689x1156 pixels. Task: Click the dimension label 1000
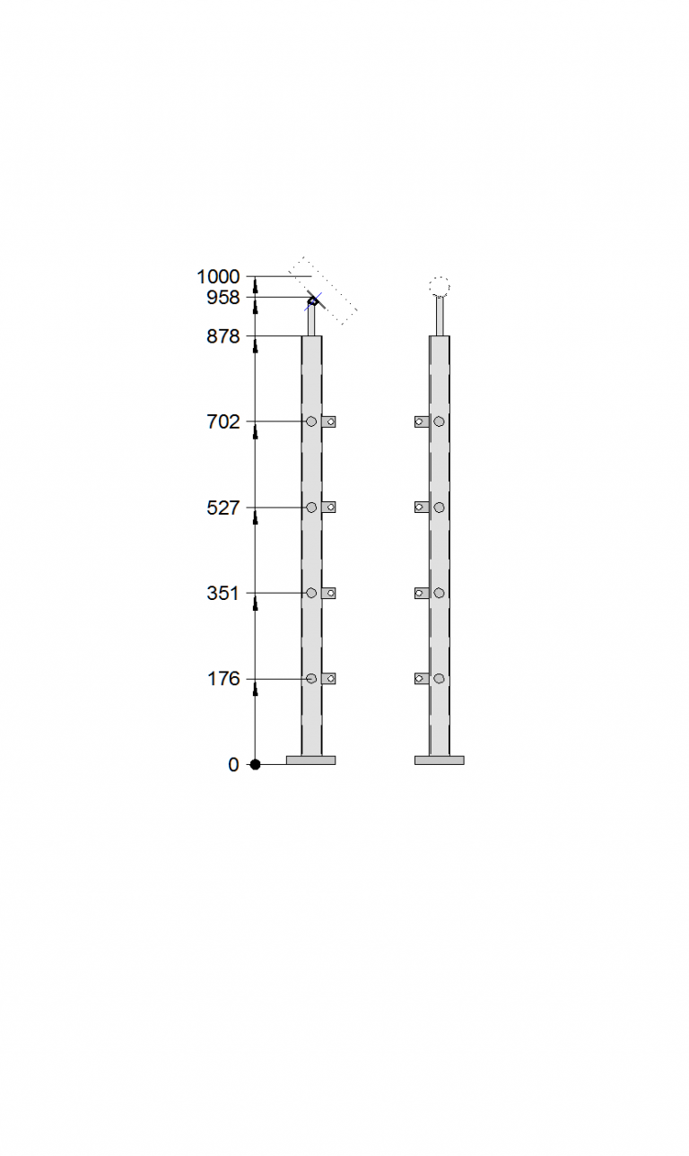point(218,276)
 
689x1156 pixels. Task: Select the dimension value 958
point(223,297)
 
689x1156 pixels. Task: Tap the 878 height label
point(223,336)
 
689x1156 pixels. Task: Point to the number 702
point(223,422)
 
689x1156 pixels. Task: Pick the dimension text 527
point(223,508)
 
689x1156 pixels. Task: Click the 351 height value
point(223,594)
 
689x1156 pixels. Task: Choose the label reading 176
point(223,679)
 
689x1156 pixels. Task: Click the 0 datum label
point(233,765)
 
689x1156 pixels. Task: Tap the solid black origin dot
point(255,764)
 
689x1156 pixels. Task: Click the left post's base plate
point(310,761)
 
